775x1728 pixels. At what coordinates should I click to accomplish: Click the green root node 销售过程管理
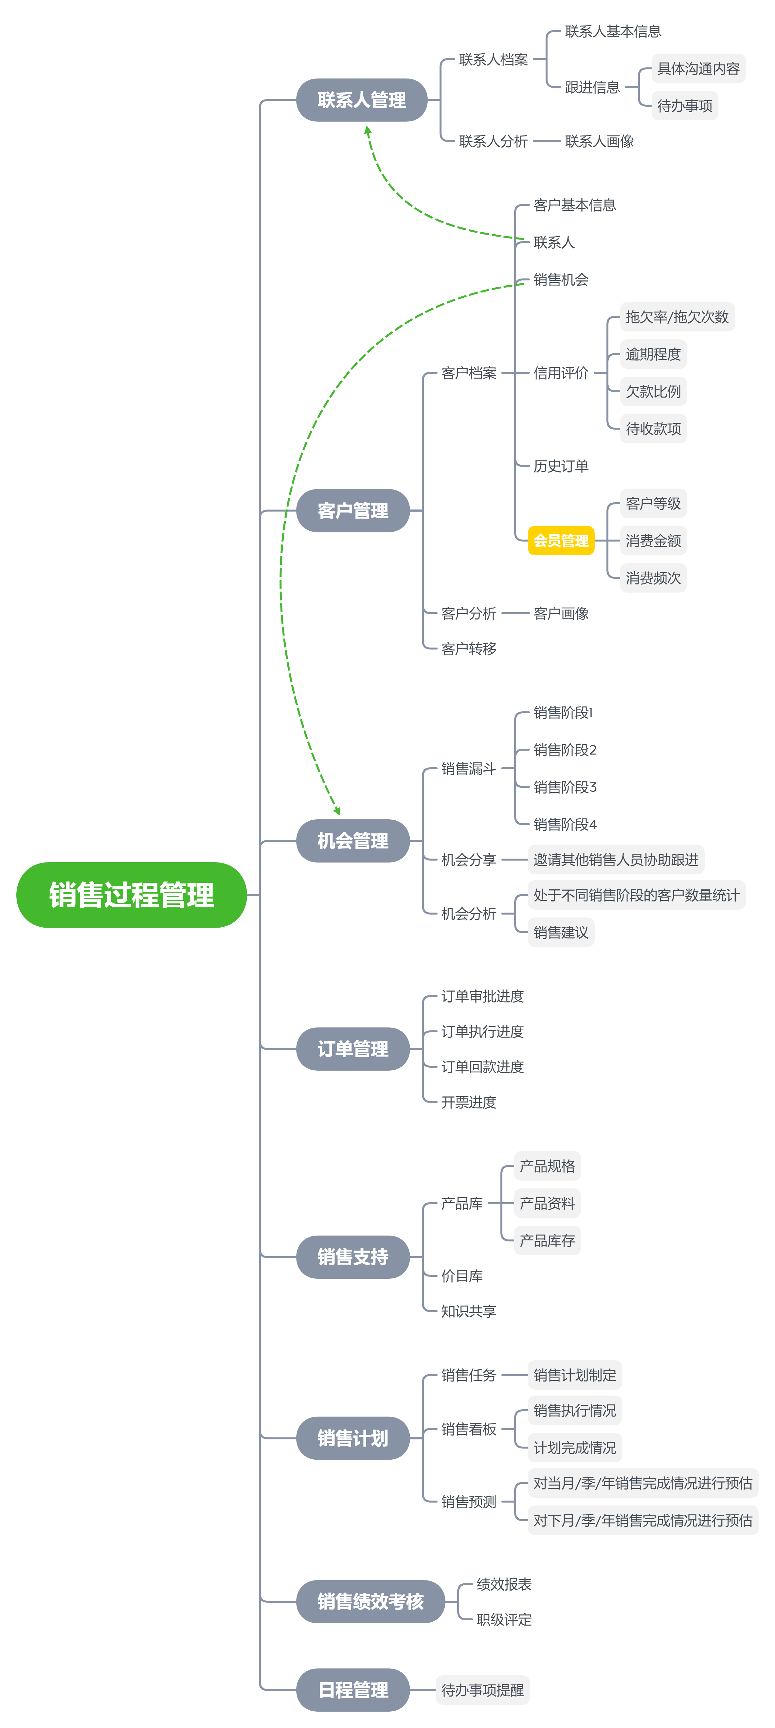point(132,895)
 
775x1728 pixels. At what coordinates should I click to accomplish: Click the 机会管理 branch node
point(353,841)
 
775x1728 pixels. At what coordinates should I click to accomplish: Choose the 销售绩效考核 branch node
point(370,1601)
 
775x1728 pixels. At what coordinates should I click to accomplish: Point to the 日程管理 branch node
point(353,1690)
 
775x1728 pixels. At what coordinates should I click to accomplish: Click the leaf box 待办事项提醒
point(482,1690)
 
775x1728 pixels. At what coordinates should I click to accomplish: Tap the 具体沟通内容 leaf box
point(698,68)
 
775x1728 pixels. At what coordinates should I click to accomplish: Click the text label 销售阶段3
point(565,787)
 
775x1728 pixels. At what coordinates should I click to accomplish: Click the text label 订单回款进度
point(482,1067)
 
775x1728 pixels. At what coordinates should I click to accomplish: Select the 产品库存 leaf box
point(548,1240)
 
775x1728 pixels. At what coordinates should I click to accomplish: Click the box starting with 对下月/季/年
point(643,1520)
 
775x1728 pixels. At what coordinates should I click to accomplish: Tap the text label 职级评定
point(504,1619)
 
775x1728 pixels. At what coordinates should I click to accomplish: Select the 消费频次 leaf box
point(653,578)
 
